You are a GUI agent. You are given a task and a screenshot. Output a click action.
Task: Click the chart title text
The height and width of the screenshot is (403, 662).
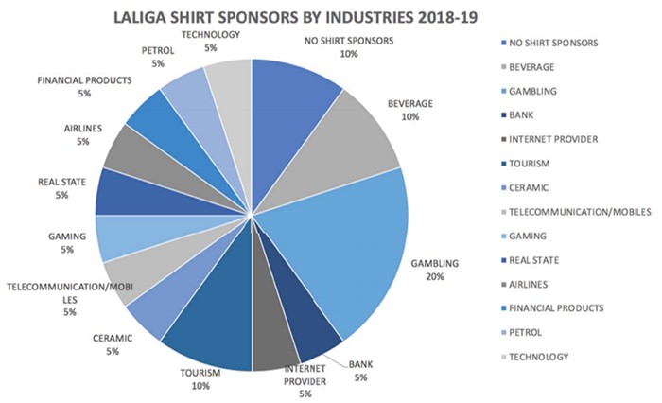tap(270, 16)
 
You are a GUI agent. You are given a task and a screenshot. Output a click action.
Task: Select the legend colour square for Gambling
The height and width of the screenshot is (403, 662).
tap(502, 91)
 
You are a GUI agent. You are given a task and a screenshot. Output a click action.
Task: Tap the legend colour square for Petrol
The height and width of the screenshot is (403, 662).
tap(502, 332)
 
